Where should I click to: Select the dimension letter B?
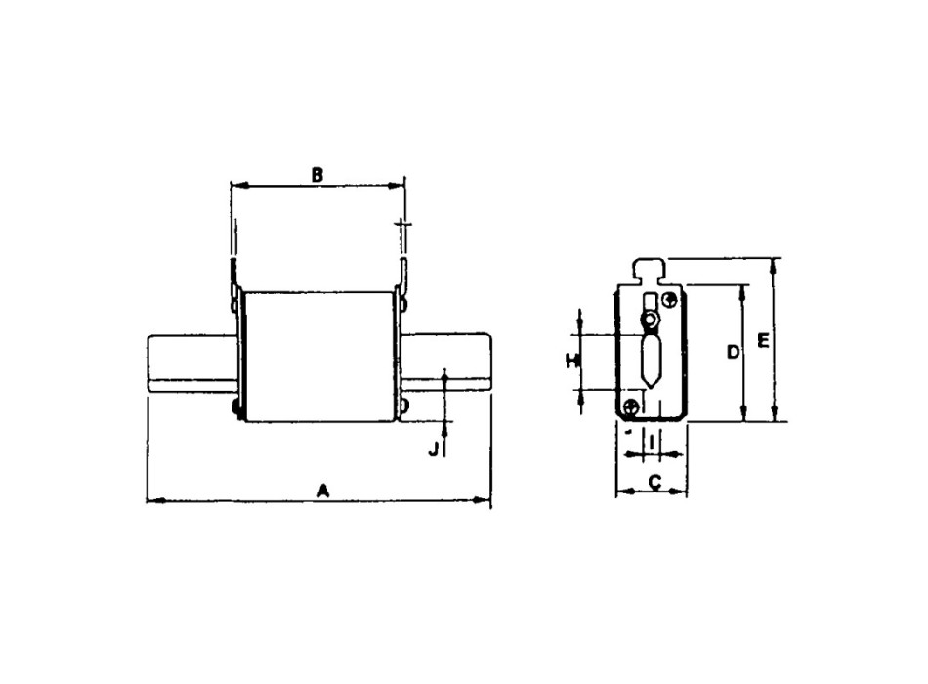click(x=316, y=174)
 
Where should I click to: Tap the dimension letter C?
click(x=654, y=481)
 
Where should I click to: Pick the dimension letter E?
click(x=764, y=341)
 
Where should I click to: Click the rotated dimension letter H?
click(x=573, y=362)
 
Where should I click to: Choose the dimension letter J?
click(x=434, y=449)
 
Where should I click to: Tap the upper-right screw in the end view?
click(x=669, y=299)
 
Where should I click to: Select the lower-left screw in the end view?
click(x=632, y=406)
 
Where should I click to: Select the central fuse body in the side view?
click(x=318, y=357)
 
